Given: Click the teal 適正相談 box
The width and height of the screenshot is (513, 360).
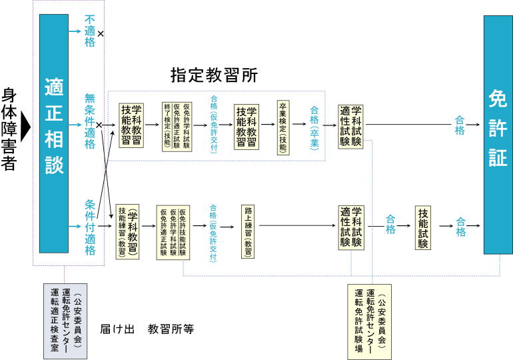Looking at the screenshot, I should (53, 133).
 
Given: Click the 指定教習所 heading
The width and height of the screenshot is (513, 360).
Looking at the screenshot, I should (214, 75).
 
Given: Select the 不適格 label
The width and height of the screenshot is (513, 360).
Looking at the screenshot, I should (90, 32).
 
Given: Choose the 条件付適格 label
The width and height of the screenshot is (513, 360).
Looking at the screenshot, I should (90, 227).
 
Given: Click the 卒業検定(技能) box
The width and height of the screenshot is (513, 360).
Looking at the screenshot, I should (283, 128).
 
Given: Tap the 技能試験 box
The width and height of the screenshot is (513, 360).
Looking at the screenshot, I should (423, 227).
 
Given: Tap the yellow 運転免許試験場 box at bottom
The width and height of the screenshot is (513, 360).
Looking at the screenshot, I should (369, 321).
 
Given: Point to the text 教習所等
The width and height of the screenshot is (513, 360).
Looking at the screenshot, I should (171, 329).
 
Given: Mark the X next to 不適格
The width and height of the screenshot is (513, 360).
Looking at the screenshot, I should (101, 33).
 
